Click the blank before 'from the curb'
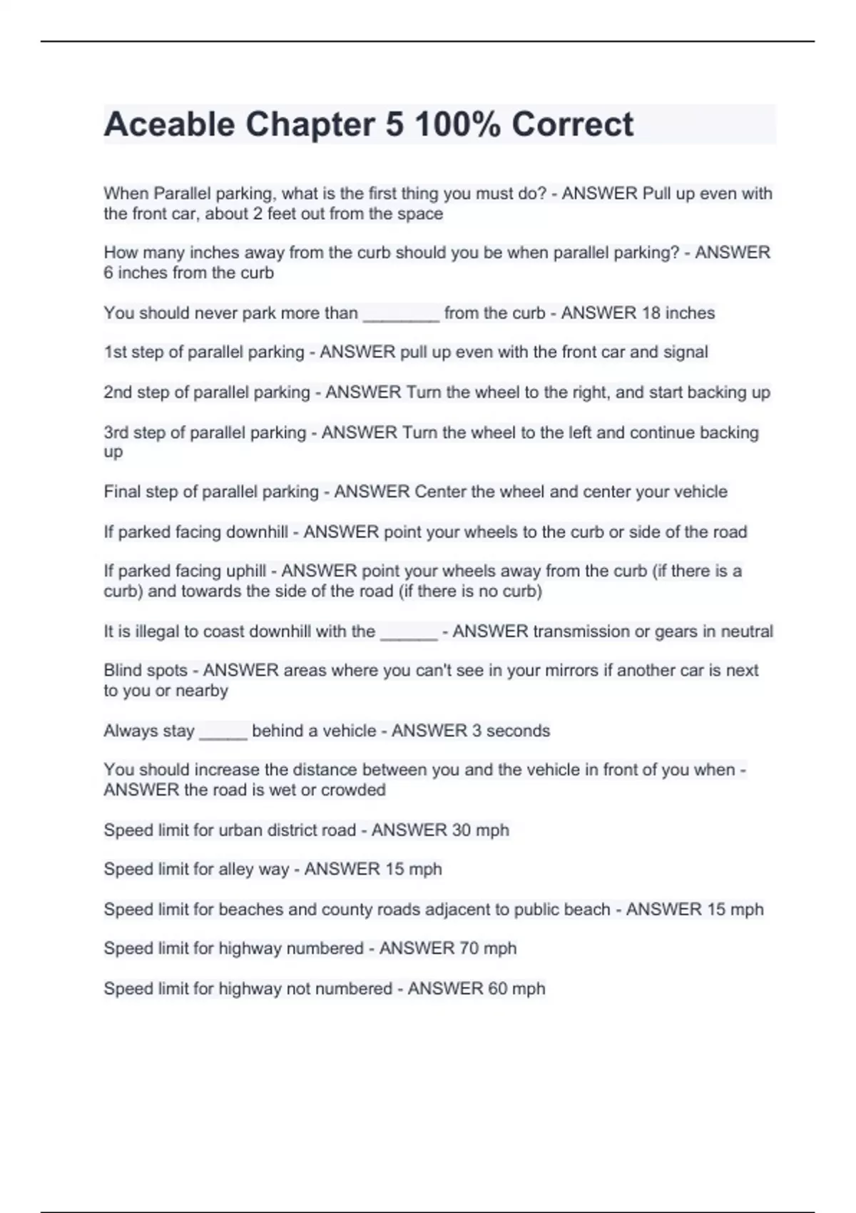pyautogui.click(x=401, y=314)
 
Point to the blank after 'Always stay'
pyautogui.click(x=223, y=732)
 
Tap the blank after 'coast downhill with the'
pyautogui.click(x=409, y=633)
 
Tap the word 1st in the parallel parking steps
pyautogui.click(x=114, y=352)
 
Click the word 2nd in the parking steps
pyautogui.click(x=117, y=392)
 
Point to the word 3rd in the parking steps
pyautogui.click(x=116, y=432)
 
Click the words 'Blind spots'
pyautogui.click(x=146, y=671)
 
